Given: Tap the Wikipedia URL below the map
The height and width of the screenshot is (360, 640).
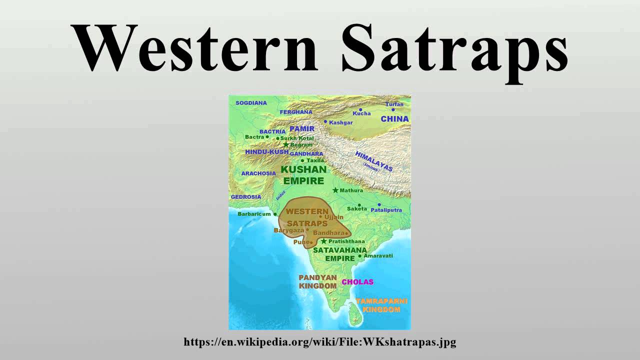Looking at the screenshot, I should pyautogui.click(x=320, y=342).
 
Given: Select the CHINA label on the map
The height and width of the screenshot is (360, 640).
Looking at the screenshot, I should pyautogui.click(x=394, y=119).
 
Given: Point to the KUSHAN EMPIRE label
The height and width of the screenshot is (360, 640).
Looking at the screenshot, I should pyautogui.click(x=303, y=174).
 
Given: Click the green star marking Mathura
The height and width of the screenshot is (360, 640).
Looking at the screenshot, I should pyautogui.click(x=335, y=190).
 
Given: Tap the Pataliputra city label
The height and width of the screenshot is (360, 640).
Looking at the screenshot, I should pyautogui.click(x=386, y=210).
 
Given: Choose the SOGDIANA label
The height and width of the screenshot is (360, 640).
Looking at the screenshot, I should pyautogui.click(x=251, y=103).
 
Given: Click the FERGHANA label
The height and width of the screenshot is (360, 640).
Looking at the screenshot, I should pyautogui.click(x=295, y=112).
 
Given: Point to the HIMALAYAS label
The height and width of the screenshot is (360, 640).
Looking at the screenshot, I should pyautogui.click(x=374, y=161).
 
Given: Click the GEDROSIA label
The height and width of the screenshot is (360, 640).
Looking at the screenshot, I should pyautogui.click(x=245, y=197).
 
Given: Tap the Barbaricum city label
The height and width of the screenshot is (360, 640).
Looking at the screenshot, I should pyautogui.click(x=254, y=214).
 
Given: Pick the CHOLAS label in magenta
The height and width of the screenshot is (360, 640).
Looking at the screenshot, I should pyautogui.click(x=357, y=282).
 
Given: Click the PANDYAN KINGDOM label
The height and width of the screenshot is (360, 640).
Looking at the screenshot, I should pyautogui.click(x=317, y=281).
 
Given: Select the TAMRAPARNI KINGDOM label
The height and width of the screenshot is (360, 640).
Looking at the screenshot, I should pyautogui.click(x=381, y=305).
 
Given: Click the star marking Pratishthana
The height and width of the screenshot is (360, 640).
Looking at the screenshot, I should pyautogui.click(x=323, y=241).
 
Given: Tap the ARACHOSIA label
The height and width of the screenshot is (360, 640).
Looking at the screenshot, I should pyautogui.click(x=258, y=173).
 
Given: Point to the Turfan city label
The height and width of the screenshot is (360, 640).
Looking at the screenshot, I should pyautogui.click(x=394, y=104).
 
